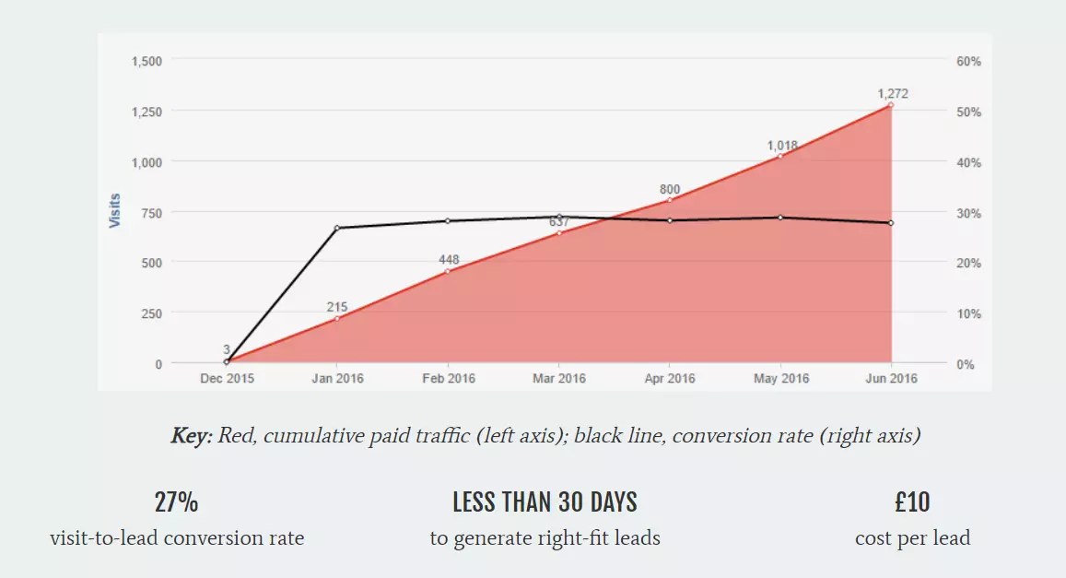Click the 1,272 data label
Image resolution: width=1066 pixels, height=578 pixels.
tap(893, 93)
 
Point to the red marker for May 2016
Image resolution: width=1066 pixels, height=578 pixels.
tap(780, 156)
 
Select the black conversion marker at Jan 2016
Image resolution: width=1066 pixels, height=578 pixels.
tap(337, 228)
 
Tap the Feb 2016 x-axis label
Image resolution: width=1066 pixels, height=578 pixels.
tap(448, 378)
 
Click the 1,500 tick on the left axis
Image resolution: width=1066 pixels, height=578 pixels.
tap(146, 61)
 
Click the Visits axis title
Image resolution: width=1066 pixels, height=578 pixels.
tap(115, 211)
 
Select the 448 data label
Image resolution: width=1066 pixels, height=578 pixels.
tap(449, 259)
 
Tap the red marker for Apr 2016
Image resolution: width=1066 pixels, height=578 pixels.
tap(670, 200)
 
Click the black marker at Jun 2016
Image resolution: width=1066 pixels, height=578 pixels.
tap(891, 223)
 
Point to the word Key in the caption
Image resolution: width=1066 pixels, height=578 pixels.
tap(190, 436)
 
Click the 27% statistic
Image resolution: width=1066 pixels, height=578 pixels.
tap(176, 502)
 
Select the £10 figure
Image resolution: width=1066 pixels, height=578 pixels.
tap(912, 502)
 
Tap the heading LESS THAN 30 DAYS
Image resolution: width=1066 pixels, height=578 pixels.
tap(545, 502)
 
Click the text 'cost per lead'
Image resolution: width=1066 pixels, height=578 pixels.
tap(912, 537)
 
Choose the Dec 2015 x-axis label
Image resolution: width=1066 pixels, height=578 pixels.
tap(227, 378)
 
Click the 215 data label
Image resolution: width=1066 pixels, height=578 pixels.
tap(337, 306)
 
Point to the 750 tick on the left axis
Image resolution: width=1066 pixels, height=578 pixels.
tap(151, 213)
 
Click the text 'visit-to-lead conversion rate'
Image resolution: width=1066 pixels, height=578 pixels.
tap(177, 537)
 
